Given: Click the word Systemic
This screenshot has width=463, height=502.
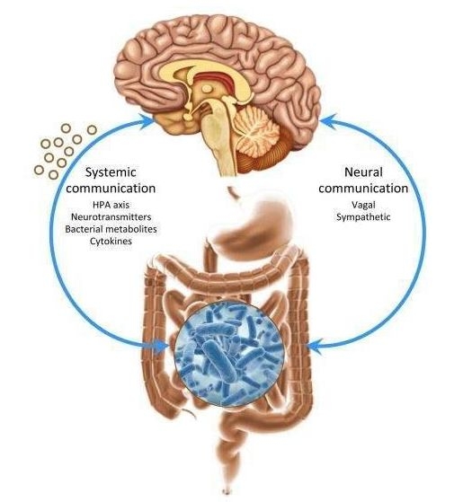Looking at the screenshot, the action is point(111,173).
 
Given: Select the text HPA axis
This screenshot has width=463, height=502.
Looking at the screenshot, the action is point(111,205).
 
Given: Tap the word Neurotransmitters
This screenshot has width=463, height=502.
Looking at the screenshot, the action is point(111,217).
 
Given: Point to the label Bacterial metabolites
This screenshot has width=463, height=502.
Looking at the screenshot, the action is point(111,229).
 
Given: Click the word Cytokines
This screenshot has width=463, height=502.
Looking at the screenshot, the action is point(111,241).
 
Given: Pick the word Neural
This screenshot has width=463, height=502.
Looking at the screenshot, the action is point(363,172).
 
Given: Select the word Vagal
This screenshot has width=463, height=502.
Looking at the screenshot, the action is point(363,205).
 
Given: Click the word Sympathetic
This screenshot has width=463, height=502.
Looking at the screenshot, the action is point(363,217).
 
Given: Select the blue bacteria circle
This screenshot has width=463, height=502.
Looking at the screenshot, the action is point(230,353).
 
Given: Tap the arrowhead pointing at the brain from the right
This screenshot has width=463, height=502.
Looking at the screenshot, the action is point(328,120).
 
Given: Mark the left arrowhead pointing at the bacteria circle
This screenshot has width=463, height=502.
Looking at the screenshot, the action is point(160,346).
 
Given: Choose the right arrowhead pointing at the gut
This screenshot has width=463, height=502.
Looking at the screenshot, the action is point(314,346).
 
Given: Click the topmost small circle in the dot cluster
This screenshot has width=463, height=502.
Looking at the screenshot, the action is point(66,128).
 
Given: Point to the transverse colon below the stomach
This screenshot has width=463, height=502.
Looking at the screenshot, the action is point(224,277).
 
